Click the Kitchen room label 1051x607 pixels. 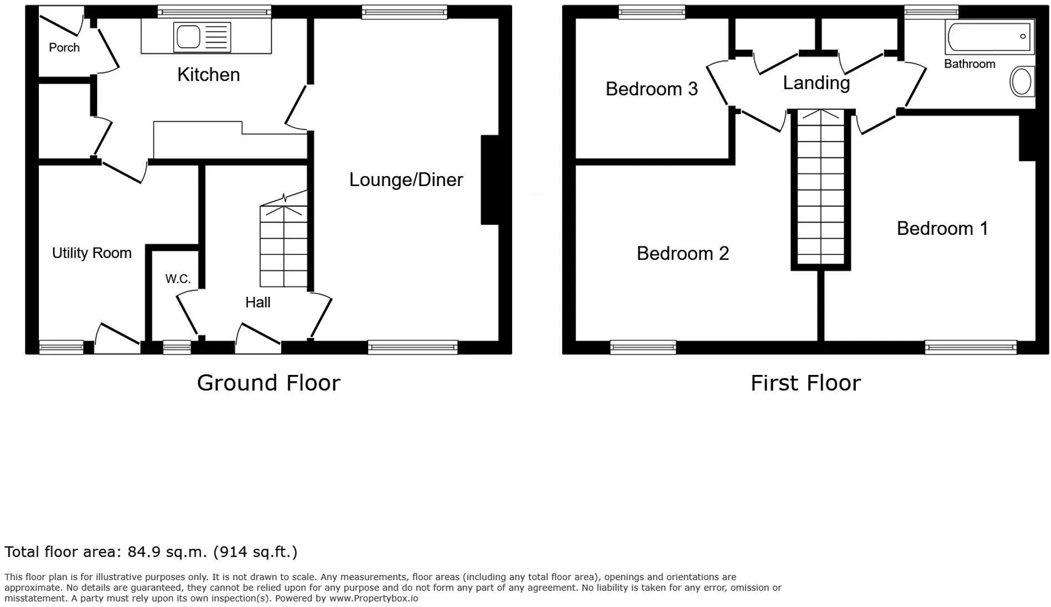(208, 74)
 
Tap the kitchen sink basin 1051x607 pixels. (188, 37)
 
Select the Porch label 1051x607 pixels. (64, 48)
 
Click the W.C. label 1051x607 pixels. (178, 279)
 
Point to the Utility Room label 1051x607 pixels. (92, 253)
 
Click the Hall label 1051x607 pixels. (258, 302)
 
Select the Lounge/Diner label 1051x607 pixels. (406, 179)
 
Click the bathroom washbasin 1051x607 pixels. (1022, 82)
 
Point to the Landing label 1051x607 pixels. (816, 83)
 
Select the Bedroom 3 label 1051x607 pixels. (651, 89)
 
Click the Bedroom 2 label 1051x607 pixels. (682, 253)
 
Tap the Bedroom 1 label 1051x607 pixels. (942, 228)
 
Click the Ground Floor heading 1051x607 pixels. (268, 383)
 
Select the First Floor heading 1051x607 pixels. (805, 383)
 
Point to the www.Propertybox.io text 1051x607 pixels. (374, 598)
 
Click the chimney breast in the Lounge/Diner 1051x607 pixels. (489, 180)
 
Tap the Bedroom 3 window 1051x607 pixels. (651, 12)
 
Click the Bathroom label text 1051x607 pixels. (970, 64)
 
